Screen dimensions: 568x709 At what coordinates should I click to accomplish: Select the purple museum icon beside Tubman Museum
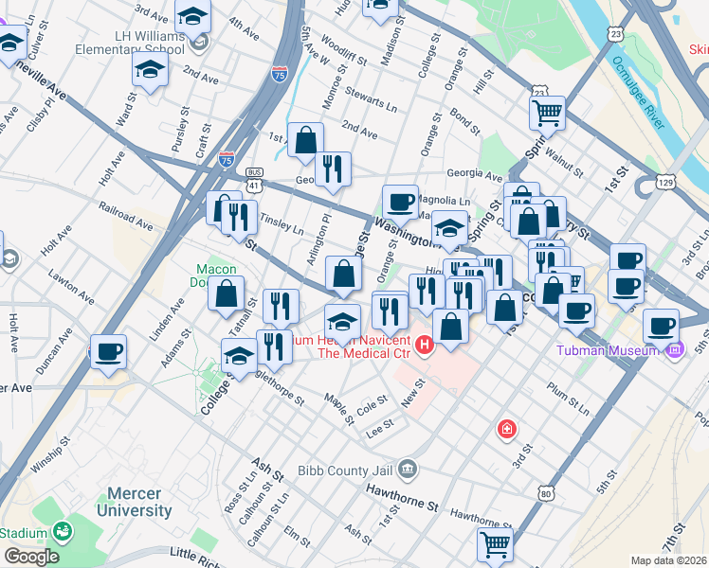(x=674, y=351)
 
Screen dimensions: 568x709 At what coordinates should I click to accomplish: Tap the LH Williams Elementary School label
(x=123, y=41)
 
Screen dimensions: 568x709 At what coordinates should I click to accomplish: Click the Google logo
(x=31, y=557)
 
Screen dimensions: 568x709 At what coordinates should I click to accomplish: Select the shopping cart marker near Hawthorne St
(x=495, y=544)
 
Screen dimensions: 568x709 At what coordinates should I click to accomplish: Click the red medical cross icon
(x=508, y=430)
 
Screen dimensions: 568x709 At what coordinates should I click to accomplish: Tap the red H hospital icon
(x=424, y=342)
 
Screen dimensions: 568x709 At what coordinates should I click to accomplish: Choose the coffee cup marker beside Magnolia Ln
(x=400, y=201)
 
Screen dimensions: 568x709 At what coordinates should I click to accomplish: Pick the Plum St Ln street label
(x=570, y=390)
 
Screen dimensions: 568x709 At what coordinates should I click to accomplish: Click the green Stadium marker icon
(x=62, y=533)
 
